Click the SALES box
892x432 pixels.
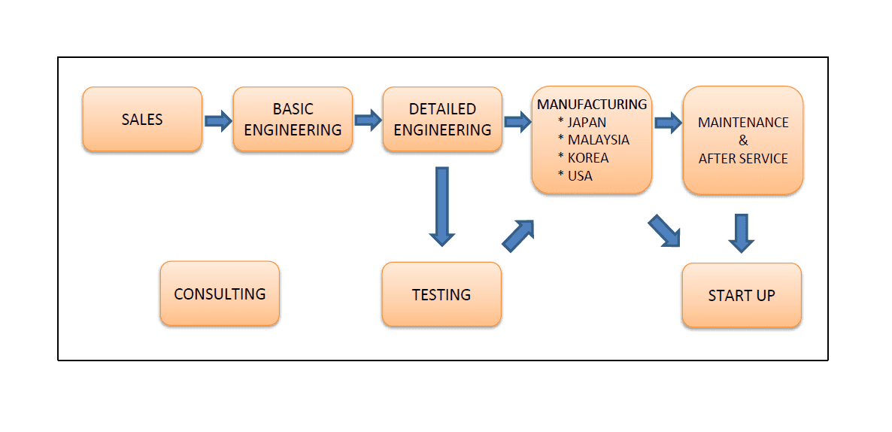142,119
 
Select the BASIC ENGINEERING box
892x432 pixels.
293,119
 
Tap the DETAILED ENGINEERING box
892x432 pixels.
442,119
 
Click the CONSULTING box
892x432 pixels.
220,294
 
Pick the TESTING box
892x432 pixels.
441,294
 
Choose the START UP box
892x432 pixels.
742,295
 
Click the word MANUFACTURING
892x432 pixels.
592,105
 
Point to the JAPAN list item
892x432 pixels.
582,123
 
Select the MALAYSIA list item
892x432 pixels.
593,140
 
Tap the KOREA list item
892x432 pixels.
583,157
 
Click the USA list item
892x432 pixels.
575,176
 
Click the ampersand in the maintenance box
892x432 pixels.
744,141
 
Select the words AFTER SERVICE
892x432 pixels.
743,159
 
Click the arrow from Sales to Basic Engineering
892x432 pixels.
218,120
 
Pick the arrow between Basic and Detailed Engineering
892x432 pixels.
368,120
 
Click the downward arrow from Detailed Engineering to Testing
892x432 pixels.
442,206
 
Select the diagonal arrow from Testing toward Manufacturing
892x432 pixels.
518,236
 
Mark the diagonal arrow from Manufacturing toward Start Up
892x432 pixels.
664,230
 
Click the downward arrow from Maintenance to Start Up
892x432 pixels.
742,233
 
